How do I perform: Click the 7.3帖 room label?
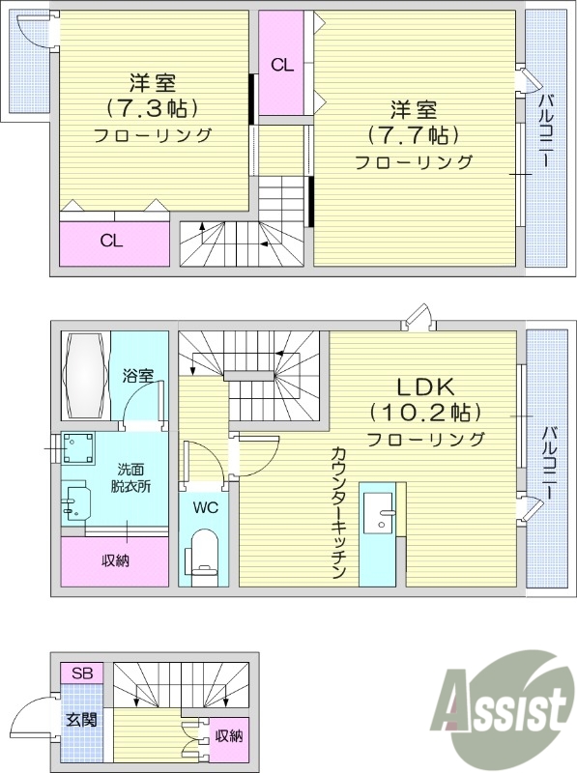pyautogui.click(x=152, y=107)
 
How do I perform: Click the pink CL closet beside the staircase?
pyautogui.click(x=282, y=65)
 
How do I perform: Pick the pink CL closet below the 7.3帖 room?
pyautogui.click(x=112, y=243)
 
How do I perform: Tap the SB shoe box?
pyautogui.click(x=81, y=673)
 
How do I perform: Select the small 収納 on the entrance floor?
pyautogui.click(x=229, y=736)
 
